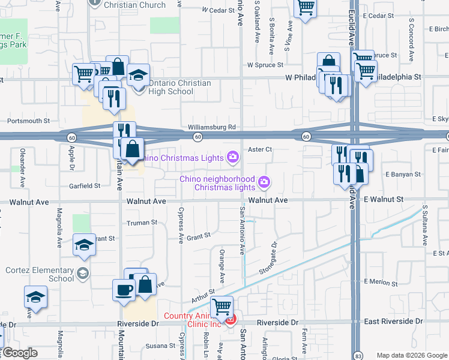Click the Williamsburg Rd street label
[x=211, y=127]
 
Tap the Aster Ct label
[x=260, y=149]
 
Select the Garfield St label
[x=84, y=186]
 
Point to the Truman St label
[x=142, y=223]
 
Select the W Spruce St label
[x=265, y=65]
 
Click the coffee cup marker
[x=124, y=289]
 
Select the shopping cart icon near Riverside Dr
[x=223, y=307]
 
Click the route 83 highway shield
[x=357, y=355]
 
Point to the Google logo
[x=19, y=353]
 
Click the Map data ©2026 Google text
[x=412, y=355]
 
